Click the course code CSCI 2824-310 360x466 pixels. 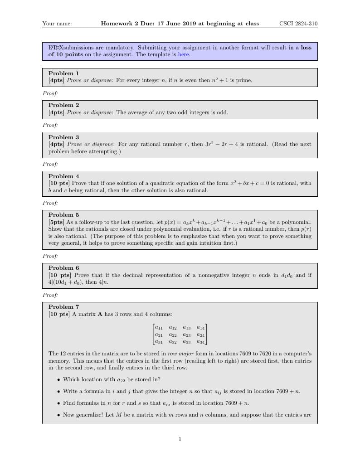[x=298, y=24]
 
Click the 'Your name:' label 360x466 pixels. [x=57, y=24]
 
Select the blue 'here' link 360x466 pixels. [x=183, y=54]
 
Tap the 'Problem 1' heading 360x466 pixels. [x=63, y=73]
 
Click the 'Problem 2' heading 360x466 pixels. [x=63, y=105]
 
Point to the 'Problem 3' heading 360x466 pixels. [x=63, y=137]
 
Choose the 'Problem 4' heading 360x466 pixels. [x=63, y=176]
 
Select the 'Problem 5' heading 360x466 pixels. [x=63, y=215]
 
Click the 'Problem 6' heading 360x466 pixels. [x=63, y=268]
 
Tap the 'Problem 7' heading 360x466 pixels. [x=63, y=307]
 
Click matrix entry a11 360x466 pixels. [x=159, y=327]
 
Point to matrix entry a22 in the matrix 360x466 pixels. [x=173, y=335]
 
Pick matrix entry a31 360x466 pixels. [x=159, y=342]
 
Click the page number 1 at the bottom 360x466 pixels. [x=180, y=439]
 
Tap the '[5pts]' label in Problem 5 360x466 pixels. [x=56, y=222]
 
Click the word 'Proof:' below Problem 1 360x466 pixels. [x=50, y=93]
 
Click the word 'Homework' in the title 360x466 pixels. [x=117, y=24]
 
